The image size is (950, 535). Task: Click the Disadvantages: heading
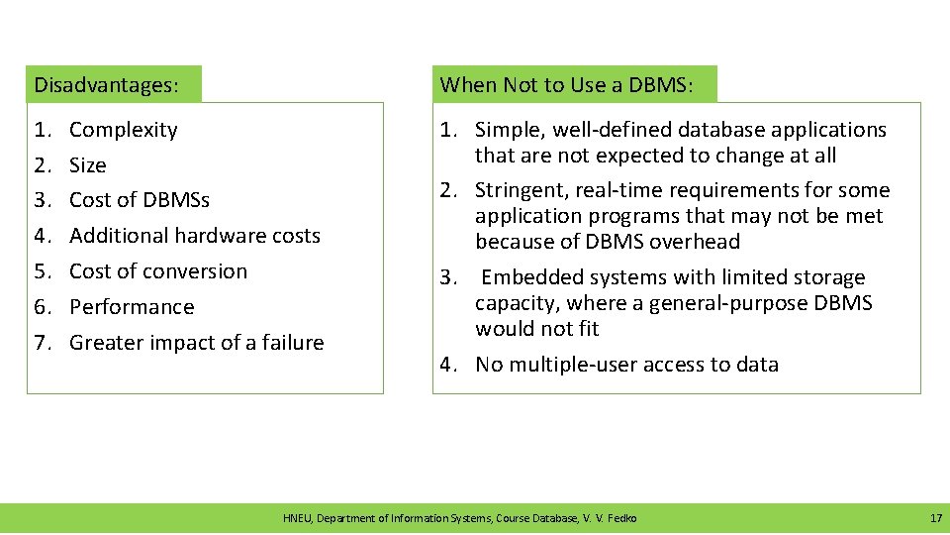coord(106,85)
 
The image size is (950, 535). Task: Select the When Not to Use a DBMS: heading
coord(565,85)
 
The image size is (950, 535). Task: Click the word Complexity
coord(124,130)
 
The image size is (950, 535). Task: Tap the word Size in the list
coord(87,165)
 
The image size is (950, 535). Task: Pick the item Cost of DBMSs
coord(140,200)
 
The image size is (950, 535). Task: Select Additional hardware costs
coord(195,236)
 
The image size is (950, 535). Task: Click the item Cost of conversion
coord(158,271)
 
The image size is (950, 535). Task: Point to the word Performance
coord(132,307)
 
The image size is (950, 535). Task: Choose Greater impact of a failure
coord(197,343)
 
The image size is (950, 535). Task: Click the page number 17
coord(935,518)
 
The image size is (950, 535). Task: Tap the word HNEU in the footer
coord(297,518)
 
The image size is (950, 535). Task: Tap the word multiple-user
coord(568,365)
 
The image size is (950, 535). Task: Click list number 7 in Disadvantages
coord(42,343)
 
